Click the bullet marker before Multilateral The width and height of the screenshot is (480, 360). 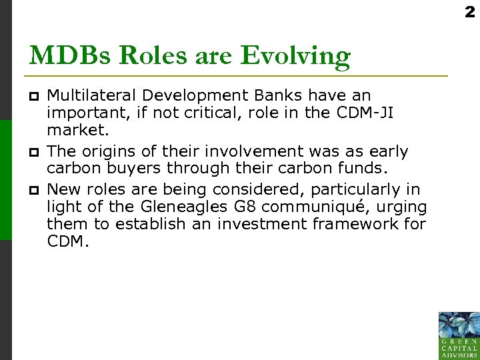click(35, 96)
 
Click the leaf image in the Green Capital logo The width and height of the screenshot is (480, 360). click(459, 326)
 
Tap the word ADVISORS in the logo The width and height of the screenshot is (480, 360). click(459, 355)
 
